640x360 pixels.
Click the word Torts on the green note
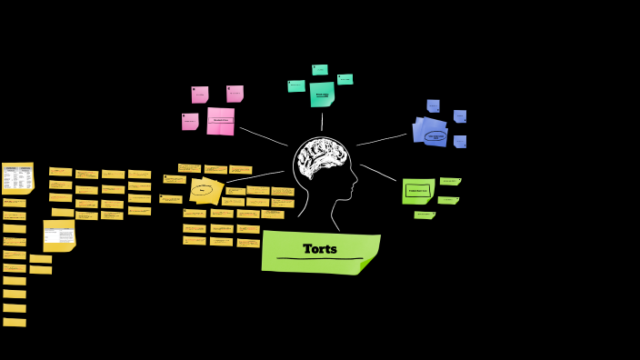tap(320, 249)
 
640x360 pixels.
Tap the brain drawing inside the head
tap(319, 157)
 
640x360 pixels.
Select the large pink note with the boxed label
tap(221, 120)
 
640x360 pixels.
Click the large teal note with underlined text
tap(322, 95)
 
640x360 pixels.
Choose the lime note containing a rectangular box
tap(418, 191)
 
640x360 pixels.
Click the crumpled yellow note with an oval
tap(205, 190)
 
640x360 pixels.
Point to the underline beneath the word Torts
tap(320, 259)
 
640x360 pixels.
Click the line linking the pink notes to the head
tap(263, 135)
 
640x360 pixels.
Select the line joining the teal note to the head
tap(322, 122)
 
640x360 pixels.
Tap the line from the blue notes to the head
tap(382, 140)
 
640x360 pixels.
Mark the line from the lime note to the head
tap(378, 173)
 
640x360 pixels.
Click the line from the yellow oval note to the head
tap(255, 176)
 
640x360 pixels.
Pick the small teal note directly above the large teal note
tap(320, 70)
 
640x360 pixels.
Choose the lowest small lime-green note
tap(425, 215)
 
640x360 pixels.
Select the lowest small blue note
tap(460, 142)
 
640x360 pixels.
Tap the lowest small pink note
tap(190, 121)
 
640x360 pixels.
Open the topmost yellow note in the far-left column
tap(17, 177)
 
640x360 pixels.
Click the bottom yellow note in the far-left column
tap(15, 322)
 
